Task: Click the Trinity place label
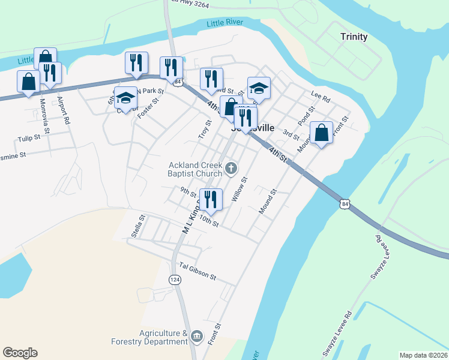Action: (x=354, y=37)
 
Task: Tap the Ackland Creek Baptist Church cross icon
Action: (x=231, y=170)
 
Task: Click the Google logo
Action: (x=20, y=353)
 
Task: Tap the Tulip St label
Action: (x=28, y=138)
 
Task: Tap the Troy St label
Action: (x=205, y=130)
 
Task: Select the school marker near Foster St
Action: (x=125, y=97)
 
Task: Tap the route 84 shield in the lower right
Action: (x=344, y=205)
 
